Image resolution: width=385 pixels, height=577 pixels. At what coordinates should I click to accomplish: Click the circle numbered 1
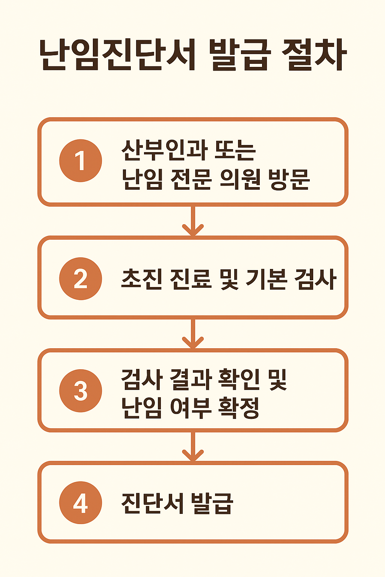80,161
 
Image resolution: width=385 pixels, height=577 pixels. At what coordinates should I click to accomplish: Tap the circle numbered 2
80,279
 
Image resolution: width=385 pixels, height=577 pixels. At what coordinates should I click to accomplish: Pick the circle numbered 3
80,391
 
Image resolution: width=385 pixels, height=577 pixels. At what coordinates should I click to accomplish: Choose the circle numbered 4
80,503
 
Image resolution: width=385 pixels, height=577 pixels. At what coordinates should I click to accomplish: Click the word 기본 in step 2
266,279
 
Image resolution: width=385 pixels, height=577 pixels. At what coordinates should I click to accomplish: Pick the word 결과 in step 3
191,379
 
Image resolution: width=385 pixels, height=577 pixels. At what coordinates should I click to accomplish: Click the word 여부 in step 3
191,408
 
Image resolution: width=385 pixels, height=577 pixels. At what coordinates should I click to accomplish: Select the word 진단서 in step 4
153,503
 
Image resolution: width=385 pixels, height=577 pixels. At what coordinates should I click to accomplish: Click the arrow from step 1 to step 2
193,221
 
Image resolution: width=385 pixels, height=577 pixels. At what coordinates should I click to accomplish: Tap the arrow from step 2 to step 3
193,334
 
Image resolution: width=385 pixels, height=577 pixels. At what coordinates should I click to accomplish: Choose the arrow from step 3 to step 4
193,447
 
